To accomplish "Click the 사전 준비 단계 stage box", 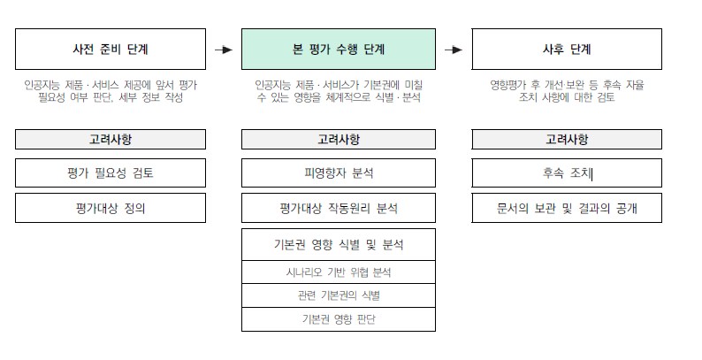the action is click(x=111, y=50).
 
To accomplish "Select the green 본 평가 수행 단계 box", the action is click(x=339, y=50).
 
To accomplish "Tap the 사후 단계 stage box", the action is click(x=567, y=50).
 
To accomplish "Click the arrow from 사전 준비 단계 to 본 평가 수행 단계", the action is click(x=224, y=50).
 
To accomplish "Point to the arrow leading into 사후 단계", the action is click(x=454, y=50).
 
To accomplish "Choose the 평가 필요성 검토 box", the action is click(x=111, y=172).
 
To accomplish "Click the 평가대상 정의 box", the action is click(x=111, y=208).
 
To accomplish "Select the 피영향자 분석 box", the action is click(x=339, y=172).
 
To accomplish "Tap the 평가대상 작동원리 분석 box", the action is click(x=339, y=208).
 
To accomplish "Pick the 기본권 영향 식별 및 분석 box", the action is click(x=339, y=244).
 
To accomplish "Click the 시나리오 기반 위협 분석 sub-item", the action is click(x=339, y=272).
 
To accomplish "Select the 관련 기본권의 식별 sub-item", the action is click(x=339, y=295).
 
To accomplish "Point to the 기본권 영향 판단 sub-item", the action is click(x=339, y=319).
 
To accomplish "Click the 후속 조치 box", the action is click(x=567, y=172).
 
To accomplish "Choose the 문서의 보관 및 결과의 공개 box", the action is click(x=567, y=208).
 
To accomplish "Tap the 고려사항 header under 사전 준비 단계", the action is click(x=111, y=139).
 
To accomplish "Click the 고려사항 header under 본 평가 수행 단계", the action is click(x=339, y=139).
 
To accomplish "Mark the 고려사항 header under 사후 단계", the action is click(x=567, y=139).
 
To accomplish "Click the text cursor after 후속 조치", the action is click(x=592, y=173).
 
